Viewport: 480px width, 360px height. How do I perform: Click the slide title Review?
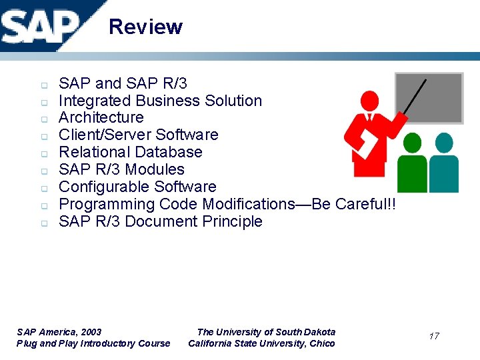145,27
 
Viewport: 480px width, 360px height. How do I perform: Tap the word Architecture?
101,118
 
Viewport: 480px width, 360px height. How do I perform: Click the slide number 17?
434,336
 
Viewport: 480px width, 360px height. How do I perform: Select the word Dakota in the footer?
320,332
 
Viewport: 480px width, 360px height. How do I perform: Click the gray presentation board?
429,98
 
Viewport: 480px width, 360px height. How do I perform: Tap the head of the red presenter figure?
368,102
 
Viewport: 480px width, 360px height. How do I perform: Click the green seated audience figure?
413,163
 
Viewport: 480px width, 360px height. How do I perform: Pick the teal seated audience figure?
444,163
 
